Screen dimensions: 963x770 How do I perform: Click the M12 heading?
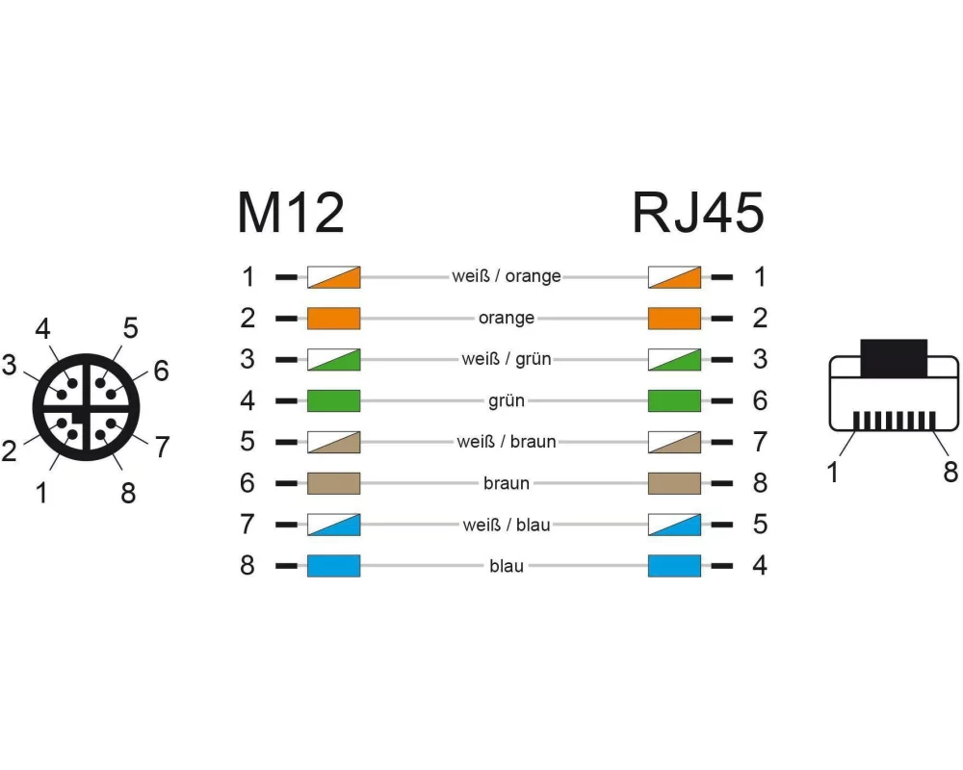[291, 213]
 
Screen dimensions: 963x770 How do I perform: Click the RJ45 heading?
[698, 213]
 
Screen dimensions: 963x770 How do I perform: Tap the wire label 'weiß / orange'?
[507, 276]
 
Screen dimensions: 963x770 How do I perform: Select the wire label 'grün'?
[507, 401]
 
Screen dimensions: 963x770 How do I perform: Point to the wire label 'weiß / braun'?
[507, 442]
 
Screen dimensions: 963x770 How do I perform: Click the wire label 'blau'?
[507, 566]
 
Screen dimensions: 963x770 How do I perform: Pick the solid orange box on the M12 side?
[333, 318]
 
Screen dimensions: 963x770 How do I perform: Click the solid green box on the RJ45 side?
[674, 401]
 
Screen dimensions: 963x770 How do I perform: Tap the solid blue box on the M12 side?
[333, 566]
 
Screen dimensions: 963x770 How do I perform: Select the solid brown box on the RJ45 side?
[674, 483]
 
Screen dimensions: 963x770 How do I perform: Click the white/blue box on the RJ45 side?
[674, 525]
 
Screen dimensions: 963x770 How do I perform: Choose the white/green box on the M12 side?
[333, 359]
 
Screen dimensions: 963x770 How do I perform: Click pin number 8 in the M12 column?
[247, 566]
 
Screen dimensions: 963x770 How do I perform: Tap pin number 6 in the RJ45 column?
[760, 401]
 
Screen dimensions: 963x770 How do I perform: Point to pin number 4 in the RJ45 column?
[760, 566]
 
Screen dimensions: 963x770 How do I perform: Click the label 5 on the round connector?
[130, 328]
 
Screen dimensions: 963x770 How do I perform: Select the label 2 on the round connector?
[9, 450]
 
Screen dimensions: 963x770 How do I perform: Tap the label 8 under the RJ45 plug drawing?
[950, 473]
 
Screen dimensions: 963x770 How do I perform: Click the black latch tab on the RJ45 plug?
[894, 358]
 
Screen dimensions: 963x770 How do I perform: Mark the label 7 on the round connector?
[162, 447]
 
